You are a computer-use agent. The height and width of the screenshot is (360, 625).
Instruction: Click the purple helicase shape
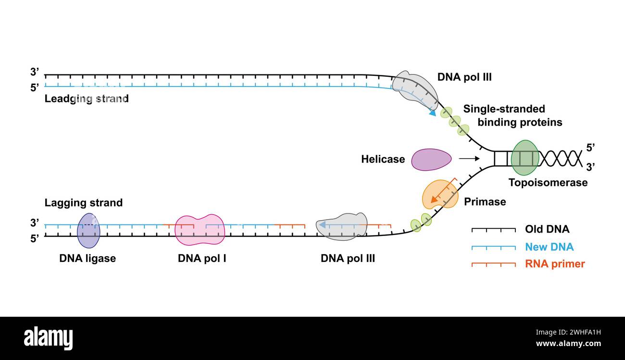tap(431, 160)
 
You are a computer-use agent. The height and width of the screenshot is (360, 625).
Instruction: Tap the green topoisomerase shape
tap(525, 158)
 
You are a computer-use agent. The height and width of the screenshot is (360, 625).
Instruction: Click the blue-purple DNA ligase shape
tap(88, 230)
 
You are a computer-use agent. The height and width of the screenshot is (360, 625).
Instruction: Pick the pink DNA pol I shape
tap(200, 230)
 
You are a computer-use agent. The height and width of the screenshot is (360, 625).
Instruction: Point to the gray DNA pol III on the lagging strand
tap(342, 227)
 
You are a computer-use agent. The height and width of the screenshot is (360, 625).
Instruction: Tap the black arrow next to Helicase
tap(469, 158)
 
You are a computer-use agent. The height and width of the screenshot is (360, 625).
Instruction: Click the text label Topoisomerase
tap(548, 183)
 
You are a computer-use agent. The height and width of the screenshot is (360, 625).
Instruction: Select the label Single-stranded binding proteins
tap(512, 115)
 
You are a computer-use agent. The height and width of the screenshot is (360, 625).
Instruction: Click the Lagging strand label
tap(84, 203)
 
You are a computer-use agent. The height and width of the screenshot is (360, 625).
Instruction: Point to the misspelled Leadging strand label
tap(87, 99)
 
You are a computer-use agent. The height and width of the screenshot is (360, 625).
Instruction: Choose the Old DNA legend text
tap(547, 229)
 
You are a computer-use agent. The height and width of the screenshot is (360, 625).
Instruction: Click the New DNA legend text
tap(549, 247)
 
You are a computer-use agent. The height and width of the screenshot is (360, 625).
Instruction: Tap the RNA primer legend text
tap(555, 264)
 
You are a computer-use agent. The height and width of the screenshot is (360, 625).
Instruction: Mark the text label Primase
tap(485, 202)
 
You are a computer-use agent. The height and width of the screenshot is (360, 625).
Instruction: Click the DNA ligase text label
tap(87, 259)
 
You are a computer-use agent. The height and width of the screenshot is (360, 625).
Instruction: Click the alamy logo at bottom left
tap(49, 338)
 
